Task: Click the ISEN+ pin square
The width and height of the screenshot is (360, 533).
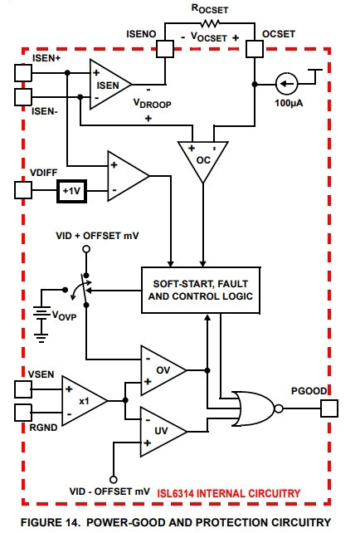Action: [x=23, y=73]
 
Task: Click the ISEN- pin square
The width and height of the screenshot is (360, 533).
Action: [x=23, y=97]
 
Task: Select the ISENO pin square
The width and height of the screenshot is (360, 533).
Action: [x=165, y=49]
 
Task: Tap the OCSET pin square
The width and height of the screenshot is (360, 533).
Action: [x=255, y=49]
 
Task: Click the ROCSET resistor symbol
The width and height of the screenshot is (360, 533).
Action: [x=210, y=23]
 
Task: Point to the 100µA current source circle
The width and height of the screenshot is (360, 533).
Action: [x=287, y=83]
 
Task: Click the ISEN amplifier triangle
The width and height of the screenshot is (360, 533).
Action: [x=110, y=85]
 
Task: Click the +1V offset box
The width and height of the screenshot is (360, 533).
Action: [x=71, y=191]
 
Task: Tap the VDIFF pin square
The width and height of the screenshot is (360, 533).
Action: [x=23, y=190]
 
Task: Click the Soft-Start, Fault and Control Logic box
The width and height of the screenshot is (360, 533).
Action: [x=201, y=290]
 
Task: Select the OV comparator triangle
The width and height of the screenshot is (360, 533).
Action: [x=163, y=370]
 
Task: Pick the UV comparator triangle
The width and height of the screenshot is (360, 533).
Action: [x=163, y=432]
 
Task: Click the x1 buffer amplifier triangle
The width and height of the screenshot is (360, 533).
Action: [x=85, y=400]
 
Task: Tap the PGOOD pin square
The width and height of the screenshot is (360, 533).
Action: [x=329, y=408]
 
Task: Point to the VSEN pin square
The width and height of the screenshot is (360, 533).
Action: [x=23, y=389]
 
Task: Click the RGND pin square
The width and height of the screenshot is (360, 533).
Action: [x=23, y=413]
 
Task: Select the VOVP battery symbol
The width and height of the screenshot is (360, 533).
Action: [x=41, y=314]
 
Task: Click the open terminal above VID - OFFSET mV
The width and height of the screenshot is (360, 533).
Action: [x=114, y=480]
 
